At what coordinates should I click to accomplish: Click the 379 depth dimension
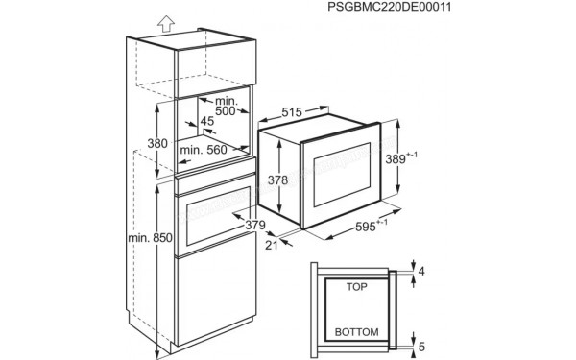253,225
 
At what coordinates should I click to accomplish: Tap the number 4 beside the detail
420,271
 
